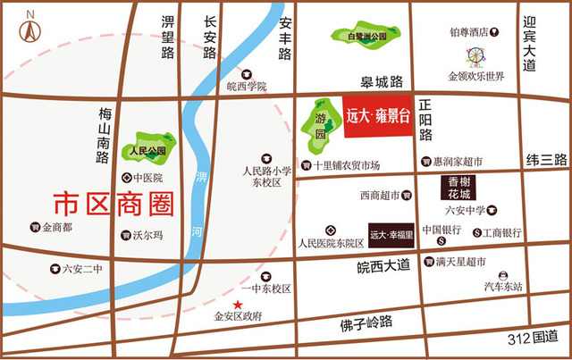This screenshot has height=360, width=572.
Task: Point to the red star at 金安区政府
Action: tap(238, 306)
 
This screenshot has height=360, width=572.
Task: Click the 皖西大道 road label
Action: tap(383, 265)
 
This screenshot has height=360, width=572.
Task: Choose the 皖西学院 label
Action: tap(247, 87)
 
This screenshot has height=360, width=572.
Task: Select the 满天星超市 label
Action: tap(461, 262)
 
